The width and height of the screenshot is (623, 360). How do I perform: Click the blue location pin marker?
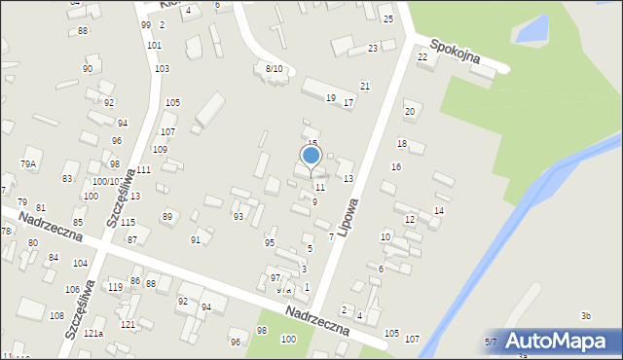(311, 156)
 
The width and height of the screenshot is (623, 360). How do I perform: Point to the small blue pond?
(531, 30)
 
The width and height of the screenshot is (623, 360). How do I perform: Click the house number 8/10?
(275, 68)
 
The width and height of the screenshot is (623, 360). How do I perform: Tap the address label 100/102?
(106, 182)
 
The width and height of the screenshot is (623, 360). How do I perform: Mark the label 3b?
(585, 315)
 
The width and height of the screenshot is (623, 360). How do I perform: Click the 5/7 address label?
(491, 342)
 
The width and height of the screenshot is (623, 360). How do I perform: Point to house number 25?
(387, 19)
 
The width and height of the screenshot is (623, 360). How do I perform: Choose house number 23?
(373, 48)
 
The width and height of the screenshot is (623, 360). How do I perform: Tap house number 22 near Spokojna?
(422, 56)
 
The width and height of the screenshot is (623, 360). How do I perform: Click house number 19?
(331, 98)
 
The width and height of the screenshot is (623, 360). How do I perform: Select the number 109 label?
(160, 149)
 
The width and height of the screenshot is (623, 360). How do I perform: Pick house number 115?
(128, 223)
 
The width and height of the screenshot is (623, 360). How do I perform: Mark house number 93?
(238, 216)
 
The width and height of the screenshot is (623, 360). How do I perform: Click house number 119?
(115, 287)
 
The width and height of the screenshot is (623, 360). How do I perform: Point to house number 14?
(439, 211)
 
